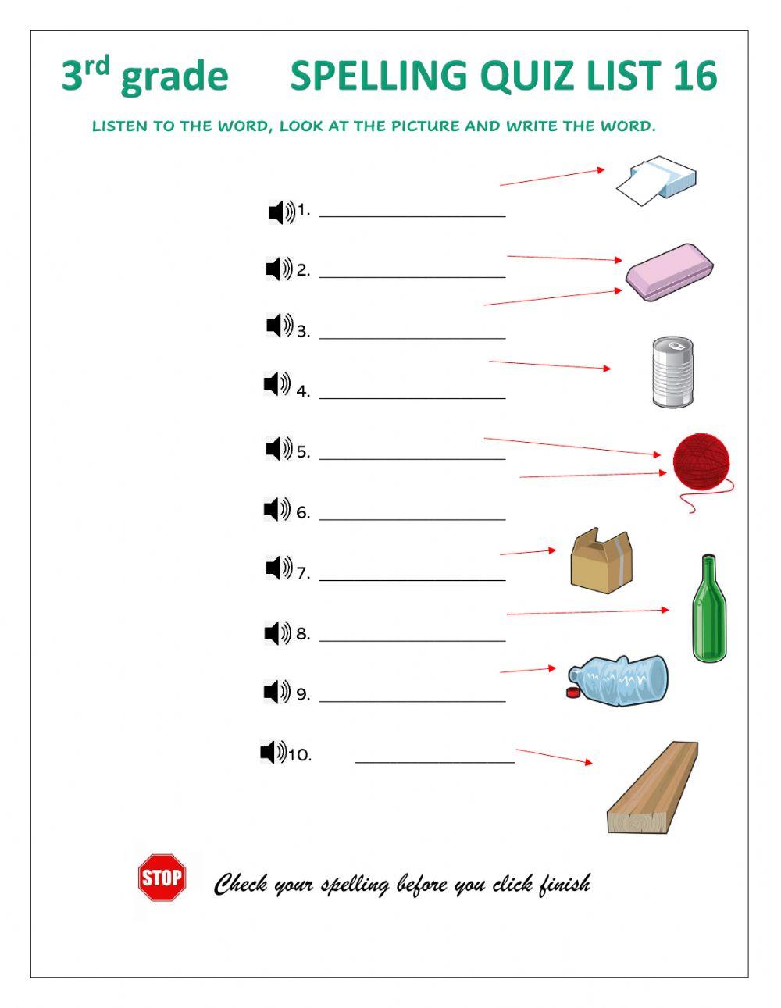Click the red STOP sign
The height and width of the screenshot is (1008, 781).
click(162, 878)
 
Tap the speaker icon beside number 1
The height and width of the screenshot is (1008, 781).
click(281, 212)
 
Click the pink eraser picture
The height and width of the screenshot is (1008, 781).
click(669, 272)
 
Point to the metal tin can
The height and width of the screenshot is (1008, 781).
click(672, 372)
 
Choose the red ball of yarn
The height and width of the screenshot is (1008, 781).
click(703, 468)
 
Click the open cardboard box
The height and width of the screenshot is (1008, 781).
click(601, 561)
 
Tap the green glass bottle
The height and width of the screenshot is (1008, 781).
click(709, 607)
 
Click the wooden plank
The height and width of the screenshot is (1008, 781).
click(652, 787)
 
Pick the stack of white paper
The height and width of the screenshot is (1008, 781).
click(656, 180)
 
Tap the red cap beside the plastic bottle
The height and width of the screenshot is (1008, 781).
click(572, 693)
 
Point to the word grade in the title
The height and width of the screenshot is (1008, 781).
click(174, 77)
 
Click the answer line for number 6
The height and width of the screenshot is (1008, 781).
click(412, 519)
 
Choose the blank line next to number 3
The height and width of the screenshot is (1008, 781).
click(412, 339)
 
